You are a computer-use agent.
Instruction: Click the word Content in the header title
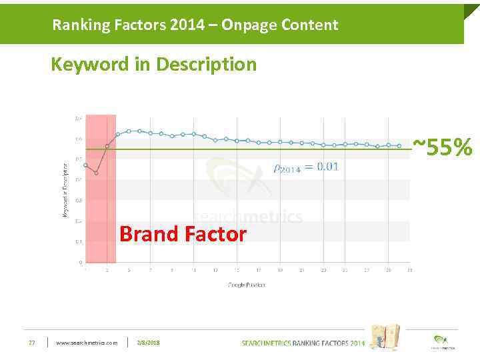click(x=310, y=25)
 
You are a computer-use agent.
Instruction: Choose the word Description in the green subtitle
click(x=206, y=65)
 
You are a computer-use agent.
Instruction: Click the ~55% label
click(x=442, y=147)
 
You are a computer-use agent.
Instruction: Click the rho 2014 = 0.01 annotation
click(x=306, y=167)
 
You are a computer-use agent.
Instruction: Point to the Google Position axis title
click(x=247, y=285)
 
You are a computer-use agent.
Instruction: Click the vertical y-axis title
click(x=65, y=190)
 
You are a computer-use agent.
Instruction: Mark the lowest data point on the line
click(x=96, y=173)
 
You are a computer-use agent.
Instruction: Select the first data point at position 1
click(x=85, y=165)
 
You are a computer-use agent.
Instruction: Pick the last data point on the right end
click(x=399, y=145)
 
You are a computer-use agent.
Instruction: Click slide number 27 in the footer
click(x=31, y=343)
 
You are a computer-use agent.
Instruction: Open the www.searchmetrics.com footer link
click(x=87, y=343)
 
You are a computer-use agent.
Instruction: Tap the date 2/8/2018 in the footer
click(x=148, y=343)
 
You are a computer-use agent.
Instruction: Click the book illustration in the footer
click(x=385, y=337)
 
